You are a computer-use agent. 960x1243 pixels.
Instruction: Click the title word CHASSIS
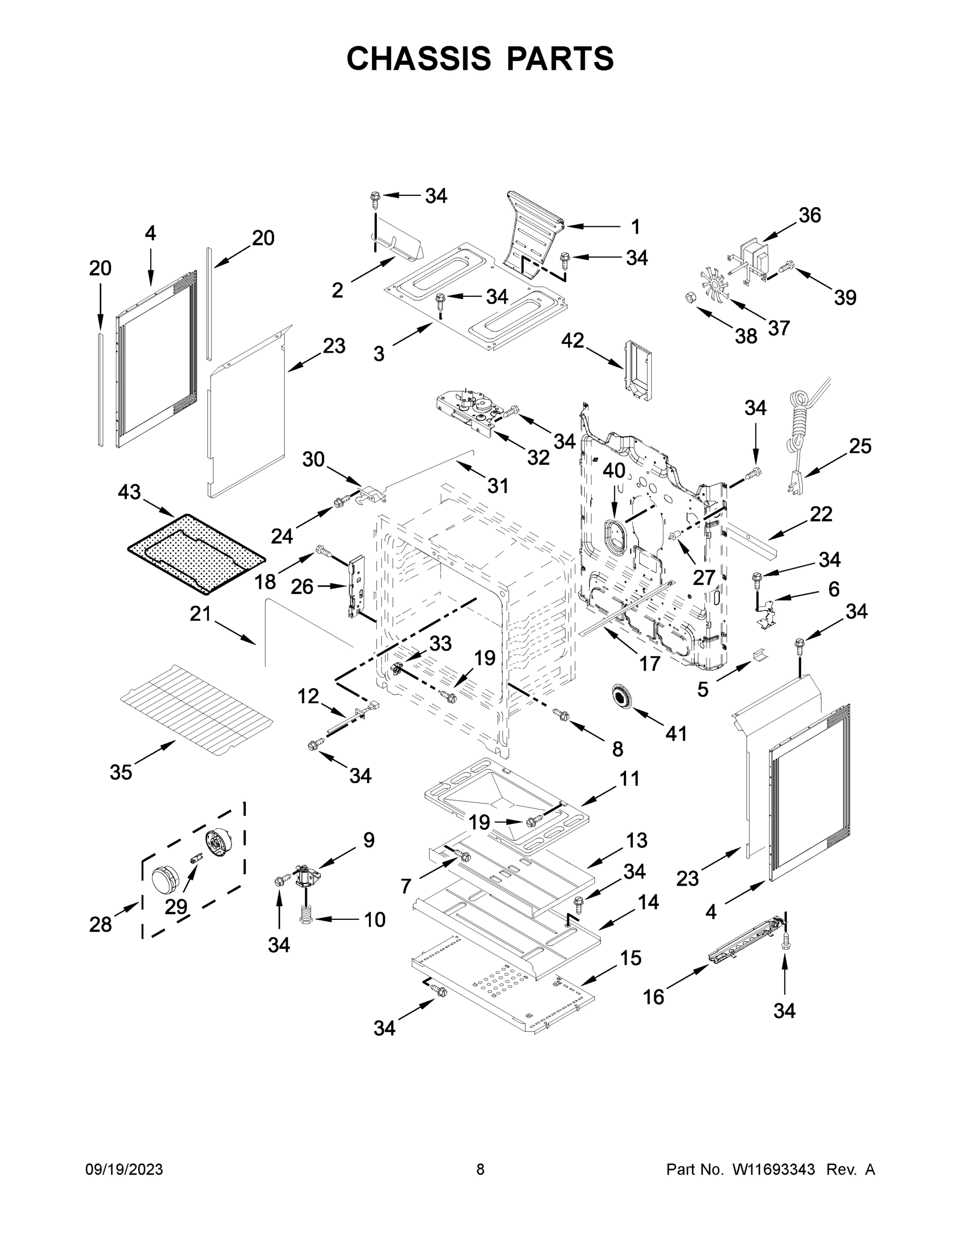(419, 59)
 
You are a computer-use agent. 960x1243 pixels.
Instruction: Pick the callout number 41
(676, 733)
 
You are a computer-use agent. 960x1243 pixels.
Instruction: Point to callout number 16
(654, 996)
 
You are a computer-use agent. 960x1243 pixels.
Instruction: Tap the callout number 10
(374, 919)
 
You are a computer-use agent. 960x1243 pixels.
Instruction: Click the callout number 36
(810, 215)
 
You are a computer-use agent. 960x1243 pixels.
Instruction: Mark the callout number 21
(200, 614)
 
